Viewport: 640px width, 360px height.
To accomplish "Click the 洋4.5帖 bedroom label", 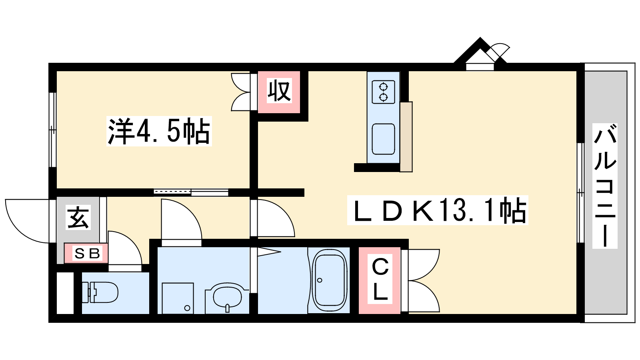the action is coord(159,131).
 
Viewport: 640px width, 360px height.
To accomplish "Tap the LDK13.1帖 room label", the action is coord(437,210).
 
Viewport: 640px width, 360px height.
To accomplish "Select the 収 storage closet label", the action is coord(279,91).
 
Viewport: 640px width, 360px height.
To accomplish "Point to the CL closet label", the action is coord(380,279).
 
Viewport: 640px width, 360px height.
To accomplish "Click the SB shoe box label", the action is coord(87,253).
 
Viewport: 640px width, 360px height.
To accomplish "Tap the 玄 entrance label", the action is coord(78,218).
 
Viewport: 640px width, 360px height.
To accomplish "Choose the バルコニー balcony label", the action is coord(605,186).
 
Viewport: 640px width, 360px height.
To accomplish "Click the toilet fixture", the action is coord(100,292).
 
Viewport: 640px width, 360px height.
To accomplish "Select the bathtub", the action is coord(329,280).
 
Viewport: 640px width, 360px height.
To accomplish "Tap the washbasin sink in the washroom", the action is coord(227,297).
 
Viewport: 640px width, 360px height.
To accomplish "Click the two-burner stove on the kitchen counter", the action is coord(383,92).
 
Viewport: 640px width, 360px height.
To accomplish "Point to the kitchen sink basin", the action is coord(383,139).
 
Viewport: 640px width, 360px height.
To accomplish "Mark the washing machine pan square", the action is coord(178,298).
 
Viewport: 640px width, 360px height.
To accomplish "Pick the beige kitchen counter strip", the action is coord(406,137).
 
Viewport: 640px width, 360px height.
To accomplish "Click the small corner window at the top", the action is coord(480,67).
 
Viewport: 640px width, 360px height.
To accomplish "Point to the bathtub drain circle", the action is coord(320,280).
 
